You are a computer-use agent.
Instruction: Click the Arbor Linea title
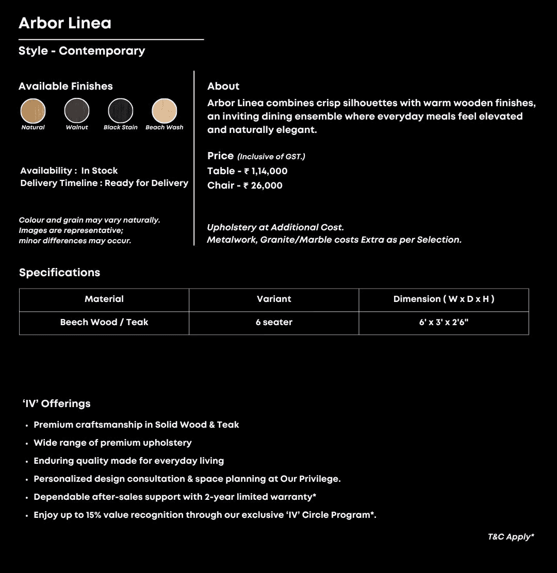(x=65, y=23)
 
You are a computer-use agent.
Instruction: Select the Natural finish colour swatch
(x=33, y=111)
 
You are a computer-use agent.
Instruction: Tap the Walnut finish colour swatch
(x=77, y=111)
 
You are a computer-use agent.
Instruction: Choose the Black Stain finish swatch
(x=121, y=111)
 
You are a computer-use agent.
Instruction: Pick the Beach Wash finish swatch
(x=165, y=111)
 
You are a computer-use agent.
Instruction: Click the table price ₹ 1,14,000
(x=266, y=171)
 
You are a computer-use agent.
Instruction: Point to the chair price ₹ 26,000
(x=263, y=186)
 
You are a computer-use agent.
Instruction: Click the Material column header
(x=104, y=299)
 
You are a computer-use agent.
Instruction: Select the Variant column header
(x=274, y=299)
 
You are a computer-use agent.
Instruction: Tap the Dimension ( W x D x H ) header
(x=444, y=299)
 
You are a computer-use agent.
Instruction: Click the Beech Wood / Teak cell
(x=104, y=323)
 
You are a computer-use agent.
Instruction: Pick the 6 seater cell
(x=274, y=323)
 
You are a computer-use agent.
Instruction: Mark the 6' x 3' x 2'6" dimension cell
(x=444, y=323)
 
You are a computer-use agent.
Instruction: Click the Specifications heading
(x=59, y=273)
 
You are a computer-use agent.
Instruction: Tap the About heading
(x=223, y=86)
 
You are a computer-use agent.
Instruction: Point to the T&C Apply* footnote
(x=511, y=537)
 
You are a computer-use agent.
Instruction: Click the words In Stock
(x=100, y=171)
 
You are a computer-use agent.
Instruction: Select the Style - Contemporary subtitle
(x=81, y=50)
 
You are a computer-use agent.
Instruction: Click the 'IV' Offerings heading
(x=57, y=403)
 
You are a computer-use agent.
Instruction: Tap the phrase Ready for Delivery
(x=146, y=183)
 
